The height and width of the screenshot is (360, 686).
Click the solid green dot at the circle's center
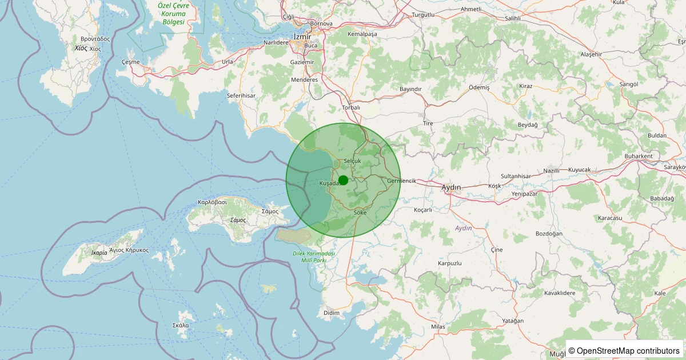tap(343, 180)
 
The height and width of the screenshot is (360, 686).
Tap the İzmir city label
tap(302, 36)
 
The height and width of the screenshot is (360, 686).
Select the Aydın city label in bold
tap(452, 187)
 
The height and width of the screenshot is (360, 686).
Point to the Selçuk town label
tap(353, 162)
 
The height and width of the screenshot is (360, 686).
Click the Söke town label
tap(360, 213)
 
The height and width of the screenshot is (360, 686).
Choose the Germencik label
tap(401, 181)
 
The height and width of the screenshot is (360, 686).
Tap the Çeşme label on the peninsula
tap(130, 62)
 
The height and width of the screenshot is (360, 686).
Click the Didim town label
tap(332, 313)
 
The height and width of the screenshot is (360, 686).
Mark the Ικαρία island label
tap(99, 252)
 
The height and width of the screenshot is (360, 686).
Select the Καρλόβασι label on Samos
tap(212, 202)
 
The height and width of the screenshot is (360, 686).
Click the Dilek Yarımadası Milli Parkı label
tap(309, 257)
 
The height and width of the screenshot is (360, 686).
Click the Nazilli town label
tap(552, 171)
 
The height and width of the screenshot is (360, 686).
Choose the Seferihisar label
tap(241, 96)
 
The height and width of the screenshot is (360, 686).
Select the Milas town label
tap(438, 327)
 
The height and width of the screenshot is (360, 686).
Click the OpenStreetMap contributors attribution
tap(624, 350)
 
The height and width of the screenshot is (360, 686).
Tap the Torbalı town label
tap(351, 107)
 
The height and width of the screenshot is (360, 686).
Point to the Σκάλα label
tap(181, 325)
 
